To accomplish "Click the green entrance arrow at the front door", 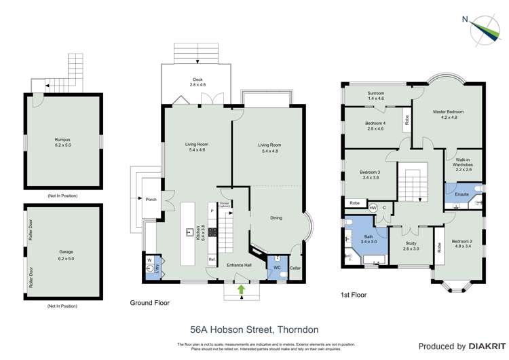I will pyautogui.click(x=242, y=289).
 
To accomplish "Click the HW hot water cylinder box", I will pyautogui.click(x=373, y=207).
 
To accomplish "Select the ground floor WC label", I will pyautogui.click(x=277, y=267).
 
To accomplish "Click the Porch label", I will pyautogui.click(x=151, y=199).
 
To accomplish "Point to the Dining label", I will pyautogui.click(x=276, y=218).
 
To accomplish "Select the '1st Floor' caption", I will pyautogui.click(x=354, y=295).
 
